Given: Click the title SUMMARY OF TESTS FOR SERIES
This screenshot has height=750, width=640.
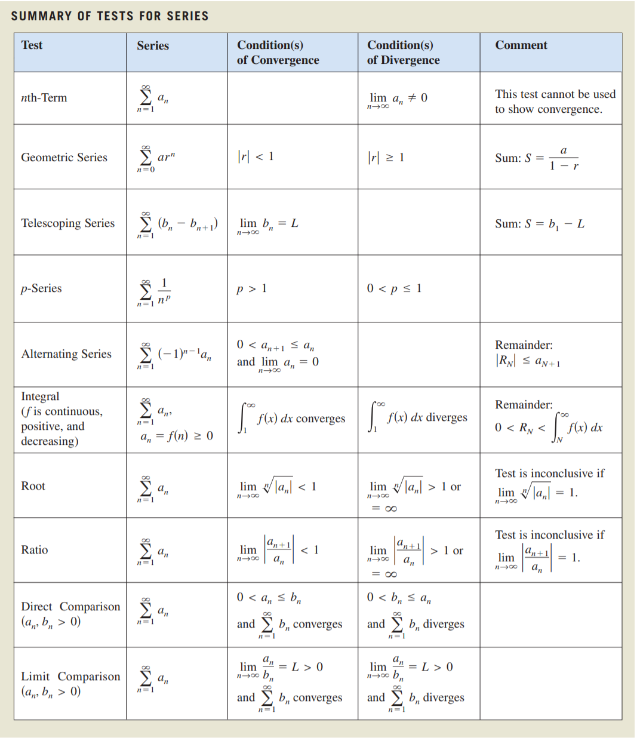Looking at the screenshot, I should pyautogui.click(x=110, y=16).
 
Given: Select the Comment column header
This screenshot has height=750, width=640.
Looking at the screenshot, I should pyautogui.click(x=521, y=45).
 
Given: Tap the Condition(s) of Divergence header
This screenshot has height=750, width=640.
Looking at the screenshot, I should pyautogui.click(x=403, y=53).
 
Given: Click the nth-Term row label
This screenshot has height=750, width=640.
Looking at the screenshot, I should pyautogui.click(x=44, y=98).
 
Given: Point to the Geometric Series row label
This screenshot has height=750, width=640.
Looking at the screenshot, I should pyautogui.click(x=64, y=158).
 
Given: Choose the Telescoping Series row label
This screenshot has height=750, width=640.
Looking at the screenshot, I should pyautogui.click(x=67, y=223).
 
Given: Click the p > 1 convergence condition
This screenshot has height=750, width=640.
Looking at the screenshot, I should pyautogui.click(x=251, y=289).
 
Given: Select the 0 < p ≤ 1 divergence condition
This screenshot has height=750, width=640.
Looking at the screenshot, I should pyautogui.click(x=394, y=288).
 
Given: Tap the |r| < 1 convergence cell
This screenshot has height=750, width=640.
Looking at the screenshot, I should pyautogui.click(x=256, y=156).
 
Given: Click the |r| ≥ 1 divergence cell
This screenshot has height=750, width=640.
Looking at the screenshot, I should pyautogui.click(x=386, y=158).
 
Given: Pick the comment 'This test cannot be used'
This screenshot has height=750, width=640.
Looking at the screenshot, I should pyautogui.click(x=555, y=94).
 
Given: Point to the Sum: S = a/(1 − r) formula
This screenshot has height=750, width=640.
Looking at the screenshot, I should pyautogui.click(x=537, y=158).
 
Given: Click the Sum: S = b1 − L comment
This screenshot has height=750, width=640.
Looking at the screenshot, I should pyautogui.click(x=539, y=224).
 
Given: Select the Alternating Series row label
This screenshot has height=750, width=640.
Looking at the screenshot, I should pyautogui.click(x=66, y=354).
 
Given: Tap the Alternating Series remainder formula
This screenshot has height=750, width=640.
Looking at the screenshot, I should pyautogui.click(x=528, y=361).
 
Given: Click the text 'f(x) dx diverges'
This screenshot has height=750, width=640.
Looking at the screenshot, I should pyautogui.click(x=427, y=417).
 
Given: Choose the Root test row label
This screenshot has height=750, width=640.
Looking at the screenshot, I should pyautogui.click(x=33, y=486).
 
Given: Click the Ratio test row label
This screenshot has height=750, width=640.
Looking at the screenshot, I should pyautogui.click(x=35, y=550).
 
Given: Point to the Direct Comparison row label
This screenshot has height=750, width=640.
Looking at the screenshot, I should pyautogui.click(x=70, y=607).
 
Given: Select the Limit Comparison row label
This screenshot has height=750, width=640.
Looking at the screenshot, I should pyautogui.click(x=70, y=677).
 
